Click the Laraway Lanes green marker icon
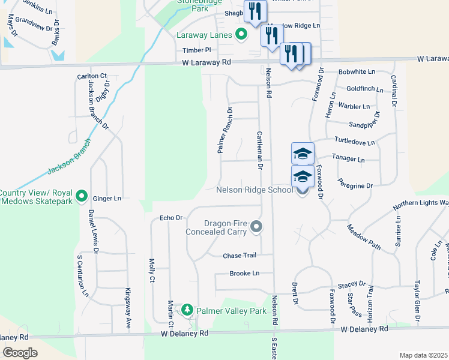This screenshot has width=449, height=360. [241, 35]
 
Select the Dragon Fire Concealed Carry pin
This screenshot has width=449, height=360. [256, 227]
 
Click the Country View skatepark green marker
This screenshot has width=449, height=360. [82, 196]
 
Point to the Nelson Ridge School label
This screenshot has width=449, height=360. [255, 190]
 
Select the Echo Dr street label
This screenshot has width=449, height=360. [170, 218]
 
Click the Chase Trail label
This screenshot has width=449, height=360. [240, 256]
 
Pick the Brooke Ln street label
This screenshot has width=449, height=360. [244, 274]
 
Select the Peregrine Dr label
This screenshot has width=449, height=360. [355, 186]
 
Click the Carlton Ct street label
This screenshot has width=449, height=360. [91, 76]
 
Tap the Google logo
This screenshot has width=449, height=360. [20, 353]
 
